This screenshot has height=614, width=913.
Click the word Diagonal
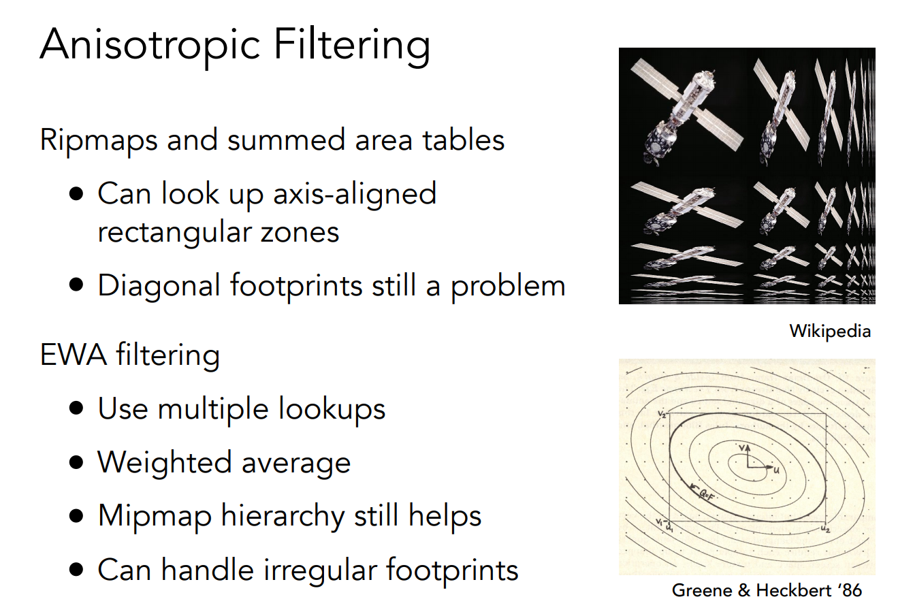[159, 287]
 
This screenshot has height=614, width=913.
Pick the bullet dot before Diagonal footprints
[76, 285]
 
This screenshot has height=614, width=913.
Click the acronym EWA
[74, 355]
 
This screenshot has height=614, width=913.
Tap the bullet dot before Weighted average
[76, 462]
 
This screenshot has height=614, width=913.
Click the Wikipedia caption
[830, 332]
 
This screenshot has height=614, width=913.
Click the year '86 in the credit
[850, 591]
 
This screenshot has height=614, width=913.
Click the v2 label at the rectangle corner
[662, 415]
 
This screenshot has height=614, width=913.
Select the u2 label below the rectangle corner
[825, 530]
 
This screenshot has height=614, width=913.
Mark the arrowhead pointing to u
[769, 466]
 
